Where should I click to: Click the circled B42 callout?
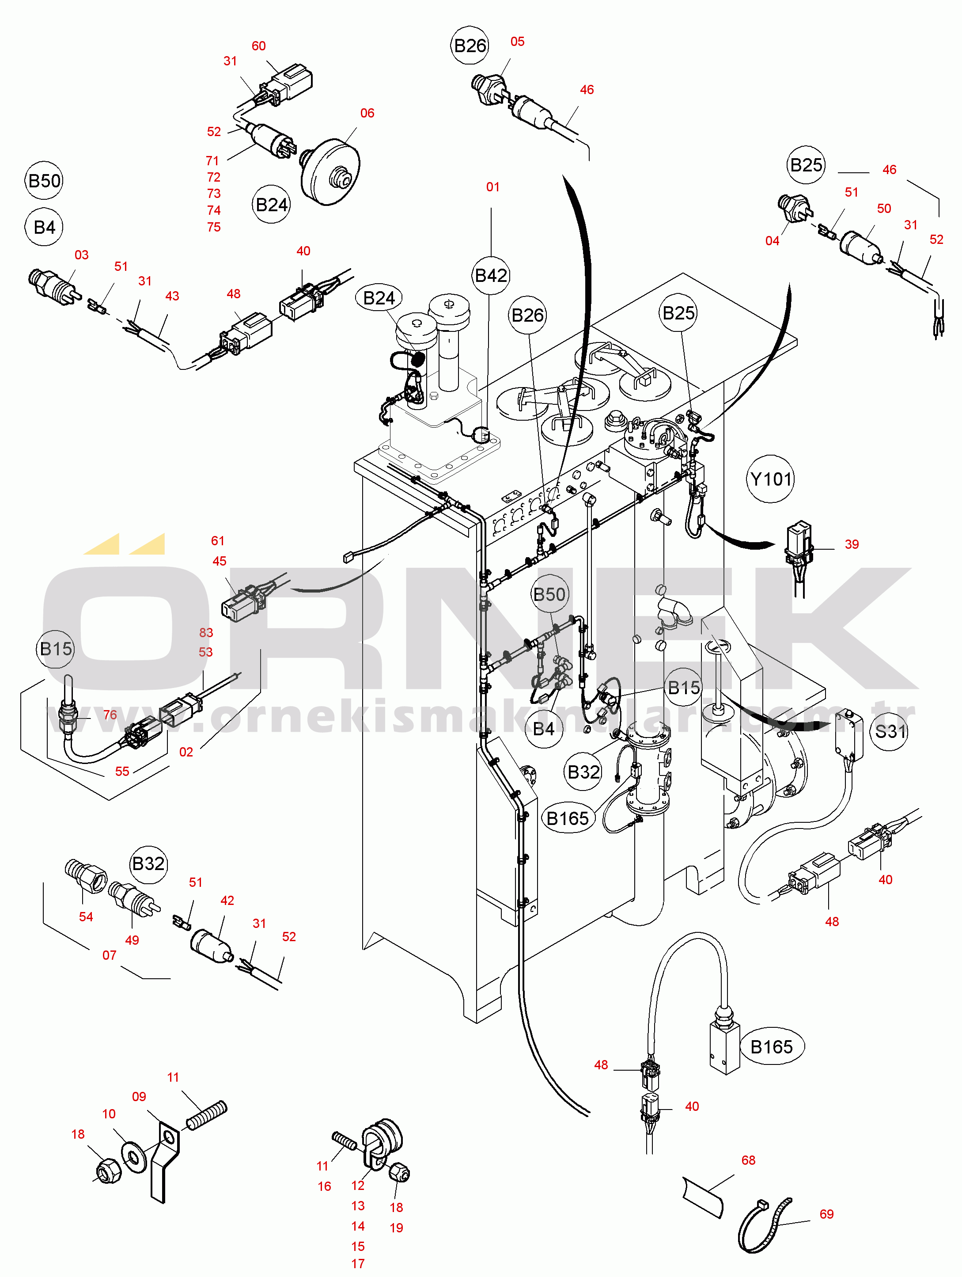(x=491, y=275)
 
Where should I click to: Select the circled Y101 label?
(x=770, y=479)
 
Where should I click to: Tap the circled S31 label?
(x=889, y=731)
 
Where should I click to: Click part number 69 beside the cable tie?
(x=826, y=1214)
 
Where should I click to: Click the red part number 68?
(x=748, y=1160)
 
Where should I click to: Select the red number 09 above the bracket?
(x=139, y=1096)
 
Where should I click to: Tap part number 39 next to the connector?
(x=851, y=544)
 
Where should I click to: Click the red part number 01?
(x=492, y=186)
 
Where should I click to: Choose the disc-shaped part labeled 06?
(x=330, y=171)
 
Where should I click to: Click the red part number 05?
(x=517, y=42)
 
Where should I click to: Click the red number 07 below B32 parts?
(x=109, y=955)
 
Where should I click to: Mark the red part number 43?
(x=172, y=296)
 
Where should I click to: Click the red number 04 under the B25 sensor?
(x=772, y=241)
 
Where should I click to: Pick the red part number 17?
(x=358, y=1264)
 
